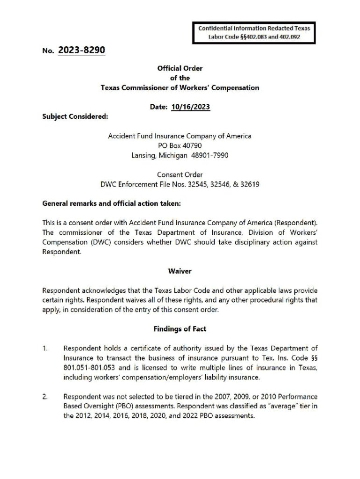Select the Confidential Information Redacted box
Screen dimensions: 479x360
coord(254,32)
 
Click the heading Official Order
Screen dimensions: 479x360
coord(180,68)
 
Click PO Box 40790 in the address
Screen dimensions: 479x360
coord(180,145)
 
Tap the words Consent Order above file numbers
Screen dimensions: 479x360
coord(180,174)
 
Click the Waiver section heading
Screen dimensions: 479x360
coord(180,271)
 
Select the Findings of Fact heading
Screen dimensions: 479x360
coord(180,329)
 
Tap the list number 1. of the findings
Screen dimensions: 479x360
coord(45,348)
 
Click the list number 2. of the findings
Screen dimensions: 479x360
coord(45,397)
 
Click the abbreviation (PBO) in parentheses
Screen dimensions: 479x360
coord(105,406)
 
